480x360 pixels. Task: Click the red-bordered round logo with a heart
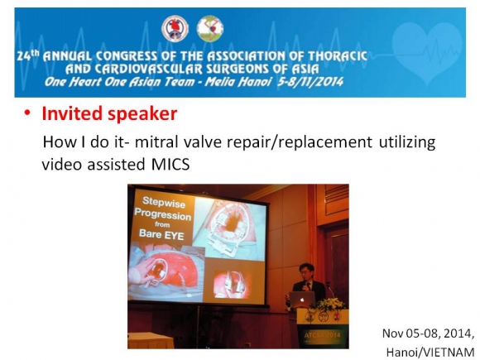(x=175, y=29)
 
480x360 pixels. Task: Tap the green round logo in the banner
(x=210, y=29)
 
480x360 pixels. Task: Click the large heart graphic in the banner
(x=427, y=51)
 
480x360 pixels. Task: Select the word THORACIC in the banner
(x=338, y=56)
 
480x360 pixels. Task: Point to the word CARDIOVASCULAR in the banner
(x=149, y=70)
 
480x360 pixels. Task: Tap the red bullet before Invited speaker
(x=28, y=113)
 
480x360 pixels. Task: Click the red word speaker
(x=142, y=114)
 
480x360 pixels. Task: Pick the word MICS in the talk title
(x=170, y=164)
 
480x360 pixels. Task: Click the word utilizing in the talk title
(x=407, y=142)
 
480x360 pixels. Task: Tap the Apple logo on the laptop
(x=302, y=300)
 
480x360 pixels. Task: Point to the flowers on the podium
(x=331, y=304)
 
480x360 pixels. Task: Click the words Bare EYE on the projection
(x=161, y=234)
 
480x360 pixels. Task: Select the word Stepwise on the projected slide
(x=164, y=202)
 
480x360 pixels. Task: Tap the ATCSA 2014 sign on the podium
(x=322, y=335)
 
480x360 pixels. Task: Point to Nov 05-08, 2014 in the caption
(x=428, y=334)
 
